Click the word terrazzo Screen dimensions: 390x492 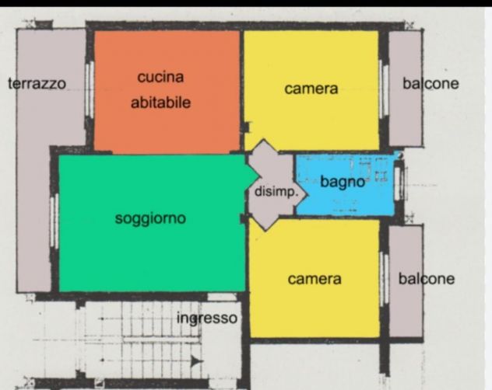point(37,84)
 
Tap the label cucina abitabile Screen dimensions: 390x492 point(161,89)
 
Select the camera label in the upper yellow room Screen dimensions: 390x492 point(311,89)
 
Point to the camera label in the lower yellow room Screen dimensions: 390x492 point(315,279)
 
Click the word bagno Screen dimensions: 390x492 point(343,183)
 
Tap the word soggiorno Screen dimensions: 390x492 point(150,218)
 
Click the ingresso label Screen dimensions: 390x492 point(206,319)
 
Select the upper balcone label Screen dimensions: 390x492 point(430,84)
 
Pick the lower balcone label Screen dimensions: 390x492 point(427,279)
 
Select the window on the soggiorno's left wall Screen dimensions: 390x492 point(54,221)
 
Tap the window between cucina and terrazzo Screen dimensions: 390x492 point(90,89)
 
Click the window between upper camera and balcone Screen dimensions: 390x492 point(383,89)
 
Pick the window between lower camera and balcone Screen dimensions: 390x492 point(383,278)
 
